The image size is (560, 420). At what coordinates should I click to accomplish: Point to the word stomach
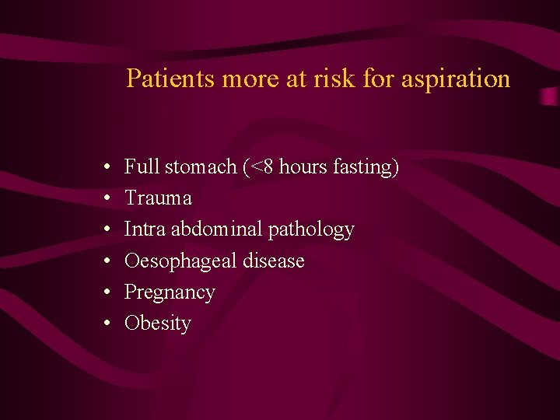coord(200,166)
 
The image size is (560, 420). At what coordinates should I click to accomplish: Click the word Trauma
coord(158,198)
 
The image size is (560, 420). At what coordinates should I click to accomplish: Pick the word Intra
coord(145,229)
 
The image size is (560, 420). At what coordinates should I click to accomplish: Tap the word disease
coord(273,261)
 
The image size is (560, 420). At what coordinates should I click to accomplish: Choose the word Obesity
coord(157,324)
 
